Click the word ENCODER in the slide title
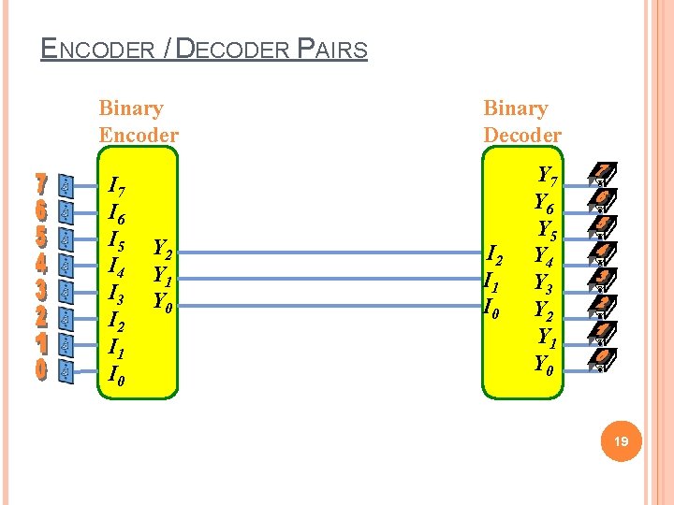(x=97, y=49)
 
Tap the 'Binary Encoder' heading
(x=138, y=122)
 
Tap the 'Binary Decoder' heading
(x=521, y=122)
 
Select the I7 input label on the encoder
(x=119, y=187)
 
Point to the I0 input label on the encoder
(x=118, y=376)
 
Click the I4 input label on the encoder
(x=118, y=267)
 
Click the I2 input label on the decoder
(x=497, y=252)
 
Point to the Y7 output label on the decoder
(x=549, y=175)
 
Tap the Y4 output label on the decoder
(x=544, y=253)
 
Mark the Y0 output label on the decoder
(x=545, y=363)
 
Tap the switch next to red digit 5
(x=66, y=238)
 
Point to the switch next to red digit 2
(x=66, y=318)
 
